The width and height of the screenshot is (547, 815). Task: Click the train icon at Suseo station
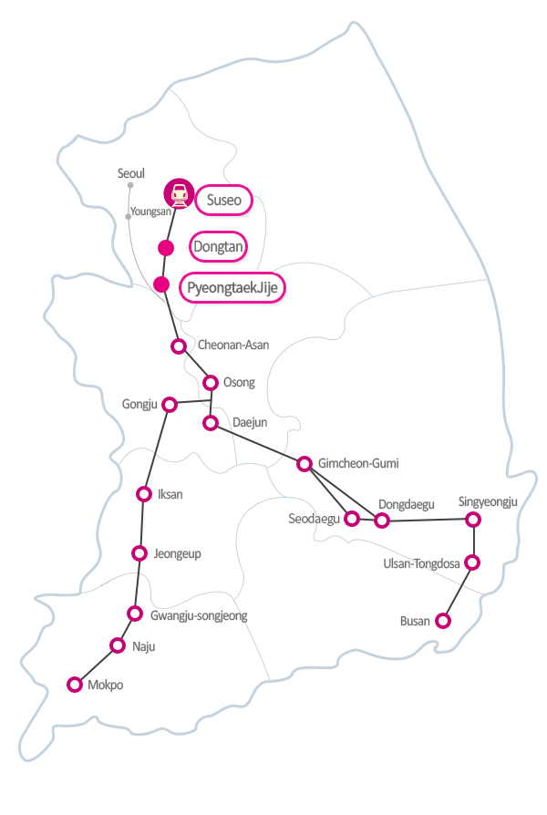tap(180, 193)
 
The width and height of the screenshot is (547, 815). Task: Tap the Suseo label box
tap(222, 200)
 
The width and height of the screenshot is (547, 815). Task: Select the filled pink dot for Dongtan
tap(166, 247)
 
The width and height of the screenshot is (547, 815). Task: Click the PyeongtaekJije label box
tap(232, 288)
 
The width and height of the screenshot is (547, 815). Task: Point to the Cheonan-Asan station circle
tap(179, 346)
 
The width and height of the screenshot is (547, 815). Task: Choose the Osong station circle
tap(211, 382)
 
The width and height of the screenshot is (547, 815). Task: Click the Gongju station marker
tap(169, 404)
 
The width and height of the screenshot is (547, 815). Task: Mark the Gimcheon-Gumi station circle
tap(304, 463)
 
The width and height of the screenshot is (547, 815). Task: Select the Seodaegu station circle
tap(351, 519)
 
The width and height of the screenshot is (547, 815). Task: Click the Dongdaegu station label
tap(407, 503)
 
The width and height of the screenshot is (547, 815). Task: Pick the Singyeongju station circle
tap(472, 519)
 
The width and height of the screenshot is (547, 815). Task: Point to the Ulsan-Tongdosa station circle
tap(472, 562)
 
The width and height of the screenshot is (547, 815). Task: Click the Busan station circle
tap(442, 621)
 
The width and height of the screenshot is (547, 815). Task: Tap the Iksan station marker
tap(143, 494)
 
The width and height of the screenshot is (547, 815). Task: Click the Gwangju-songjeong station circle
tap(135, 613)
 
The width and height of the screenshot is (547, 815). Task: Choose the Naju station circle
tap(117, 645)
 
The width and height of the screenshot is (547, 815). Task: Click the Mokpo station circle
tap(75, 684)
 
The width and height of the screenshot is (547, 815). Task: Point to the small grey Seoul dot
tap(130, 185)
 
